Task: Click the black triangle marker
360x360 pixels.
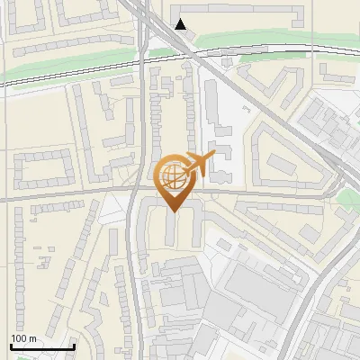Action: click(182, 24)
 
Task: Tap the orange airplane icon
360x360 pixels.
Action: click(196, 165)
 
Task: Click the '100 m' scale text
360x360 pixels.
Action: click(23, 337)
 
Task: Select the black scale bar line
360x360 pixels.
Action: click(41, 346)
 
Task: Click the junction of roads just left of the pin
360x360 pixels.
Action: click(136, 192)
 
